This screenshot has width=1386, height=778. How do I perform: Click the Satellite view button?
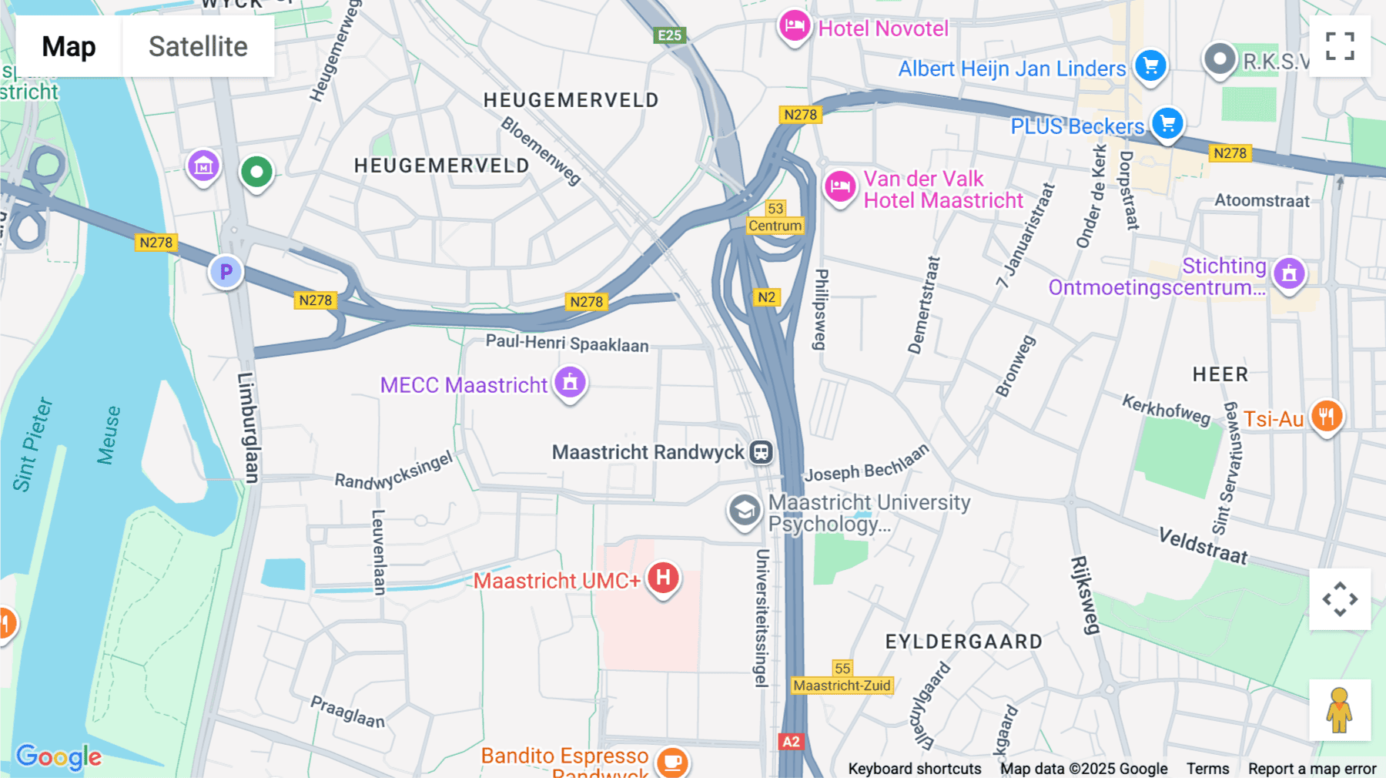click(x=198, y=47)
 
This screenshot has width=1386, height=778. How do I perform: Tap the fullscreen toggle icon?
click(x=1340, y=46)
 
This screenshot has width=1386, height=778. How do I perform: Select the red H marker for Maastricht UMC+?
click(x=663, y=578)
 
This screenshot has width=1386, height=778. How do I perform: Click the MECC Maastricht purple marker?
click(x=570, y=382)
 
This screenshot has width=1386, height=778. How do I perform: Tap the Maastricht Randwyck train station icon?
click(x=761, y=452)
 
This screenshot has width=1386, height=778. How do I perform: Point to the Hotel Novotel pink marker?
click(x=794, y=27)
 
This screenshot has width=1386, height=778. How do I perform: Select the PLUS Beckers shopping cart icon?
click(x=1167, y=123)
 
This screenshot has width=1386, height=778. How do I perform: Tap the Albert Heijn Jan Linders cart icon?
click(x=1150, y=66)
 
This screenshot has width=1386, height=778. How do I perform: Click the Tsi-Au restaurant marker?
click(x=1326, y=417)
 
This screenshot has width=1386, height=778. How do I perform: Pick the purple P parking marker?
click(x=226, y=272)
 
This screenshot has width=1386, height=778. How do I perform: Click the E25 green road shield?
click(x=669, y=35)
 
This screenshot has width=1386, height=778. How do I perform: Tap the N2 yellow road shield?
click(x=766, y=297)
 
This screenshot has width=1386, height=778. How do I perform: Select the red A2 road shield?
click(x=791, y=741)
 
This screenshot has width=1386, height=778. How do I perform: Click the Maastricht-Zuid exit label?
click(x=842, y=686)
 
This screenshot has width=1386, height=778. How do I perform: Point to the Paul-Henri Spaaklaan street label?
click(x=567, y=344)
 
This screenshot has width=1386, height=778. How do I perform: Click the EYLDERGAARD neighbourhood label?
click(x=963, y=642)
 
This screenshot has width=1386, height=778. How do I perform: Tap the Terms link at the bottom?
click(x=1207, y=768)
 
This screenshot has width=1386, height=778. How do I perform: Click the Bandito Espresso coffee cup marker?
click(x=671, y=761)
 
